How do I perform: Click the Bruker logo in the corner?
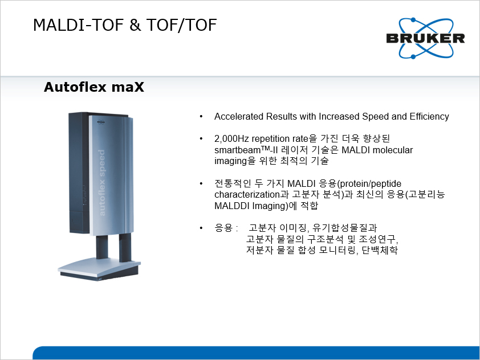pos(425,38)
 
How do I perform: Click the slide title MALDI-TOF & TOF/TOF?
pos(125,25)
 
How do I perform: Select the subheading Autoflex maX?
pos(94,87)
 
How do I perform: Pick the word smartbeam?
pos(237,150)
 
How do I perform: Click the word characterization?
pos(247,195)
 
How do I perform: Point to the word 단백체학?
pos(380,250)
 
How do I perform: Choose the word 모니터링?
pos(337,250)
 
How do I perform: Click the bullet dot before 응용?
pos(201,228)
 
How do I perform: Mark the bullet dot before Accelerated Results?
pos(201,117)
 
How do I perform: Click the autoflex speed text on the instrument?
pos(101,183)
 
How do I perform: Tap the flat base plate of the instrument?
pos(99,269)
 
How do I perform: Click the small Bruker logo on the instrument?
pos(101,122)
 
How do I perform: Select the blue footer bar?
pos(256,353)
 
